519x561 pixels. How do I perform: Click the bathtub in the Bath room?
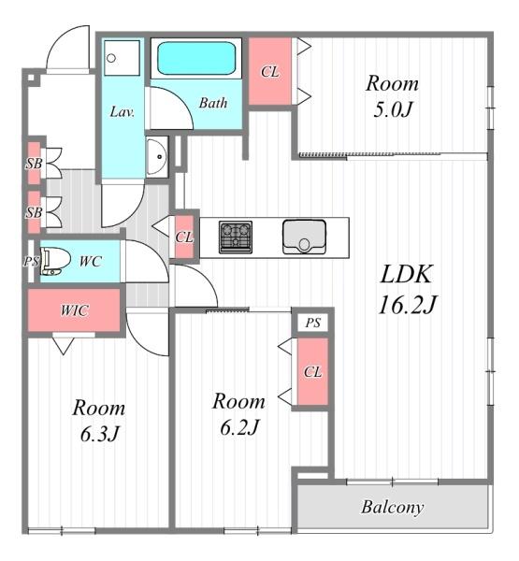[x=196, y=58]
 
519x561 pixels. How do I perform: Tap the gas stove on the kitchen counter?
[x=236, y=237]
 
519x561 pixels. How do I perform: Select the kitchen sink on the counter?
[x=304, y=237]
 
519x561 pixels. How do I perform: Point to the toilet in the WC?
[x=55, y=262]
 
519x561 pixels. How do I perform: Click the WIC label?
[x=74, y=310]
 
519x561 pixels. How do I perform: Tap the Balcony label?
[x=393, y=508]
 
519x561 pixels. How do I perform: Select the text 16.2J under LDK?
[x=408, y=305]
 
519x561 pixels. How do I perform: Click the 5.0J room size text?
[x=392, y=109]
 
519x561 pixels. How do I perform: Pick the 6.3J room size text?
[x=99, y=435]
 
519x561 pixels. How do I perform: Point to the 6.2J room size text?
[x=239, y=427]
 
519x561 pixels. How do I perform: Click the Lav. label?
[x=123, y=112]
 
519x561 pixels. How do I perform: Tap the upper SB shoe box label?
[x=34, y=164]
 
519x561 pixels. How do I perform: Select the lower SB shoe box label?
[x=34, y=212]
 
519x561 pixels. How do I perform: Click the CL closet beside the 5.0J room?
[x=270, y=72]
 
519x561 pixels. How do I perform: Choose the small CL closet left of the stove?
[x=184, y=237]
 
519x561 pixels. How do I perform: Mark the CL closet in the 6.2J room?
[x=313, y=372]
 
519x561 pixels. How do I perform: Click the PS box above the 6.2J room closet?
[x=313, y=323]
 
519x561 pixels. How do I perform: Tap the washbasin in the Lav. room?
[x=157, y=156]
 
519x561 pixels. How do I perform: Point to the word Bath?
[x=213, y=103]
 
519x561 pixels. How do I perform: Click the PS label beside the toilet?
[x=31, y=261]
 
